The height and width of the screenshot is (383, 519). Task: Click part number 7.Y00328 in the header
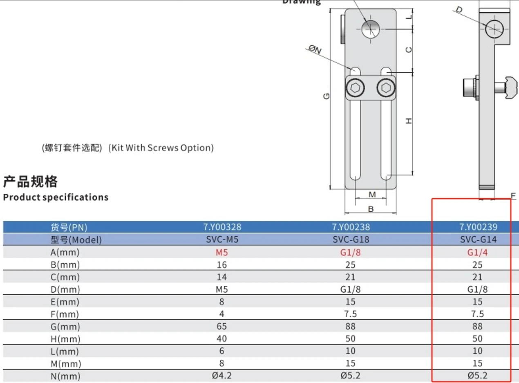pos(222,227)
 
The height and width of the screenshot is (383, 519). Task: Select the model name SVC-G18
pos(350,240)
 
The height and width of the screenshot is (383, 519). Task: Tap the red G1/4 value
pos(477,252)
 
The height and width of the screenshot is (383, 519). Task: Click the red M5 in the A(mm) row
pos(222,252)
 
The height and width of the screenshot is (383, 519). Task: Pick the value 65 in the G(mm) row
pos(222,326)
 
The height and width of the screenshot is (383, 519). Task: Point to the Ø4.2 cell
pos(222,376)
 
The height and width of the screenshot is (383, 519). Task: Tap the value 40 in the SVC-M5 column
pos(222,339)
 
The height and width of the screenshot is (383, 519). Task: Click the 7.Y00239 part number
pos(478,227)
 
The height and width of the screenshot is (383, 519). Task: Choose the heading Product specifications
pos(56,197)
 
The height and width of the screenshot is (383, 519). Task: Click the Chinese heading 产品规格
pos(30,181)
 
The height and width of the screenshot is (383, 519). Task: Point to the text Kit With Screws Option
pos(161,148)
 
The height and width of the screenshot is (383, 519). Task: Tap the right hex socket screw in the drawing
pos(386,87)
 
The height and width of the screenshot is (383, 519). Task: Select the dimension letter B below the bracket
pos(371,209)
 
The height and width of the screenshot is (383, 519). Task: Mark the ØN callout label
pos(315,50)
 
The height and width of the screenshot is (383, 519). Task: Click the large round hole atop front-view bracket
pos(371,29)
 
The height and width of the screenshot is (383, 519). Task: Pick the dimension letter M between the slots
pos(372,194)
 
